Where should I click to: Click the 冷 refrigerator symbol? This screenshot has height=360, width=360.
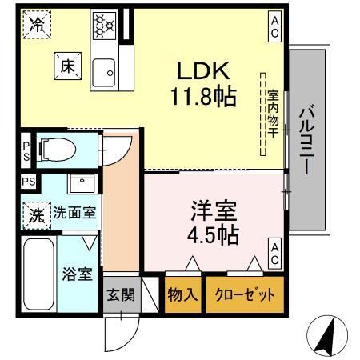click(37, 25)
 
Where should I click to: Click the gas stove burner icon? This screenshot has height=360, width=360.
click(105, 24)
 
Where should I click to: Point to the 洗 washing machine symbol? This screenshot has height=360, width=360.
click(36, 214)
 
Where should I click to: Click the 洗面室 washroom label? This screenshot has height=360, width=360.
click(74, 214)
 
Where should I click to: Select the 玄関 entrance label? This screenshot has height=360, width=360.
click(121, 294)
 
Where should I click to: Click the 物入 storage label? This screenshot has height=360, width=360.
click(182, 294)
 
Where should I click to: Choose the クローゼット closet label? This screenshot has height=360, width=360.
click(244, 294)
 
